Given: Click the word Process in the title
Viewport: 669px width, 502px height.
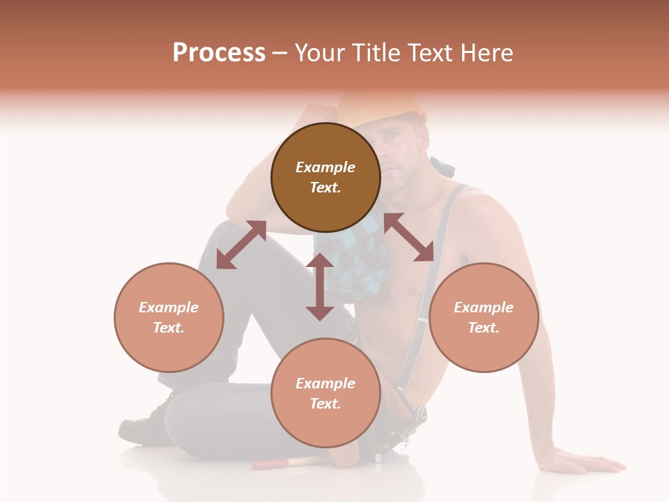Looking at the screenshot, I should (x=219, y=53).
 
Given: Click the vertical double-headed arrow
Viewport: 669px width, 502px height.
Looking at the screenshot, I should (x=320, y=287).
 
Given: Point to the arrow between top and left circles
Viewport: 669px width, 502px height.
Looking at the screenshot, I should (x=241, y=244).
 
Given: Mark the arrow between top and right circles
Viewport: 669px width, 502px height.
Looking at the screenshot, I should (x=409, y=237).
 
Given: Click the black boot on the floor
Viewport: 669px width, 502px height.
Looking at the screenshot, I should (x=143, y=425).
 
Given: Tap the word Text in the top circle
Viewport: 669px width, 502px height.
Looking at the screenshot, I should (x=325, y=188).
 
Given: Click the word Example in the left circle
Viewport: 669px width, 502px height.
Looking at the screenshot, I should (x=169, y=307).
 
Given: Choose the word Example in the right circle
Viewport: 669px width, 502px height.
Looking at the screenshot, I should (x=484, y=307).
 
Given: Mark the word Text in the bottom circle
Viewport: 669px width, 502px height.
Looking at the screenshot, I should (x=325, y=404).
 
